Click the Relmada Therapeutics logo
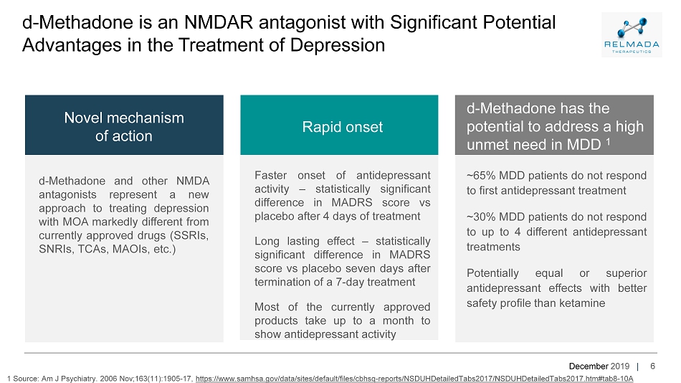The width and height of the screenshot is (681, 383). point(632,34)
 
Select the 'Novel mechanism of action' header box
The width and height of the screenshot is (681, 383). point(124,126)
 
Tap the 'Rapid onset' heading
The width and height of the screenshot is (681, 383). point(342,127)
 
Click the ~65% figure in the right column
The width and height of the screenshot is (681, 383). point(481,176)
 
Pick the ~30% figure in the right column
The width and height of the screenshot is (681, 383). point(481,217)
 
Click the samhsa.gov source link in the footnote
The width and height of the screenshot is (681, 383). point(414,379)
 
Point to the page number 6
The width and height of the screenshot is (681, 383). point(652,366)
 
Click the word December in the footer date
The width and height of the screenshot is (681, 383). point(589,366)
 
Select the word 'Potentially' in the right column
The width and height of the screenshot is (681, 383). point(492,273)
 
